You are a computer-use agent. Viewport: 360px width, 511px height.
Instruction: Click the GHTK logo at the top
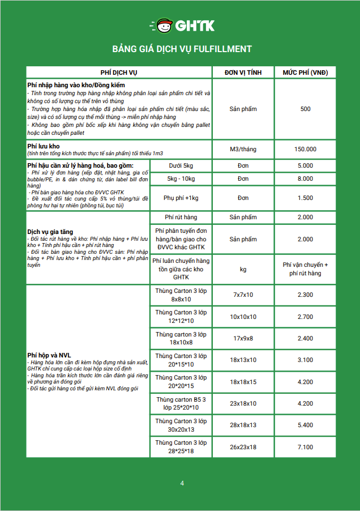[x=182, y=25]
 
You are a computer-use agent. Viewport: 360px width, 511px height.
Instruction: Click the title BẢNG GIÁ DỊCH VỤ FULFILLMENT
[x=182, y=49]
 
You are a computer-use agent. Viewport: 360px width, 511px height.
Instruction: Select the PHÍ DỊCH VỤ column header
[x=119, y=73]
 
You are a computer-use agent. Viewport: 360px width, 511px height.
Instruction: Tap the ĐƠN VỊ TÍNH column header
[x=243, y=73]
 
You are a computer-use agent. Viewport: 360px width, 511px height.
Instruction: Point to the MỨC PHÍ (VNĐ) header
[x=305, y=73]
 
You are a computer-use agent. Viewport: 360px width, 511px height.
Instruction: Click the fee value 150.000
[x=305, y=149]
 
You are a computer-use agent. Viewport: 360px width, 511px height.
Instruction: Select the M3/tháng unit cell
[x=243, y=149]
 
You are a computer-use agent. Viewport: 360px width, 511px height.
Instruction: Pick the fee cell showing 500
[x=305, y=109]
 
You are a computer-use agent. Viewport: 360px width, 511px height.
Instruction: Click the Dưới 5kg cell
[x=181, y=166]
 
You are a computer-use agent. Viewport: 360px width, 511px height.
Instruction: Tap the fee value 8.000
[x=305, y=179]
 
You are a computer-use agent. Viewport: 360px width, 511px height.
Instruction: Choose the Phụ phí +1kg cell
[x=181, y=198]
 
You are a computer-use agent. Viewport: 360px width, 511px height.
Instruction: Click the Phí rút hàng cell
[x=181, y=218]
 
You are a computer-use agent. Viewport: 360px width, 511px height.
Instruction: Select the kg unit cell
[x=243, y=269]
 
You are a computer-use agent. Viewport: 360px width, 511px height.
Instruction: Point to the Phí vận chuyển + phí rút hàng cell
[x=305, y=269]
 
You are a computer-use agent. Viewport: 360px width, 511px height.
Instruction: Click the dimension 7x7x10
[x=243, y=295]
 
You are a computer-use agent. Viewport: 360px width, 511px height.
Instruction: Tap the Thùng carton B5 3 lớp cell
[x=181, y=403]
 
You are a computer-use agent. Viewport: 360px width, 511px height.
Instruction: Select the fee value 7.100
[x=305, y=447]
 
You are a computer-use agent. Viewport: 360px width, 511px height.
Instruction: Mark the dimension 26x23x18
[x=243, y=447]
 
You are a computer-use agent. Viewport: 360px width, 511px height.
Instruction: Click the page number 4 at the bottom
[x=182, y=483]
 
